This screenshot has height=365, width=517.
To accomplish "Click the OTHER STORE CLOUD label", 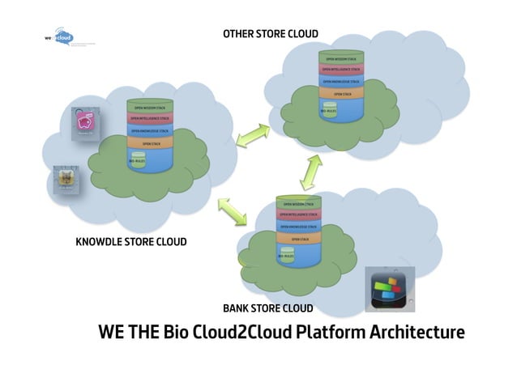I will click(x=271, y=34).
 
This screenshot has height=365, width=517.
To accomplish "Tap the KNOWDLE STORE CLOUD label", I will click(x=130, y=242).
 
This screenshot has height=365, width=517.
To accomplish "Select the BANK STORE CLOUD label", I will click(x=267, y=308).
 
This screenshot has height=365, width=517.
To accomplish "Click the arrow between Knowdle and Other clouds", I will click(x=254, y=134).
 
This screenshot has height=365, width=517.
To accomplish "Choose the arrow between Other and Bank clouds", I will click(x=311, y=172).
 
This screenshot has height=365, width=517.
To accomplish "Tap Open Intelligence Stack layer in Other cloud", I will click(x=340, y=70).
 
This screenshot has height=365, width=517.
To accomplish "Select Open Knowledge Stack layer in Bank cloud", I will click(x=298, y=227).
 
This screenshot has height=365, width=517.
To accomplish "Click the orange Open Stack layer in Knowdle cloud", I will click(x=150, y=143).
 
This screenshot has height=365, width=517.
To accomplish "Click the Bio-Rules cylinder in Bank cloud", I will click(x=286, y=254).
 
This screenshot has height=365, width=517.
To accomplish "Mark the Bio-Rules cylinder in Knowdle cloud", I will click(x=136, y=159).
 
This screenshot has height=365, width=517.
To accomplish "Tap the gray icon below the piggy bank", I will click(x=66, y=179).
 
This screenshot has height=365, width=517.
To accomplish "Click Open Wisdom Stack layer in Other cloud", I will click(x=340, y=59).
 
